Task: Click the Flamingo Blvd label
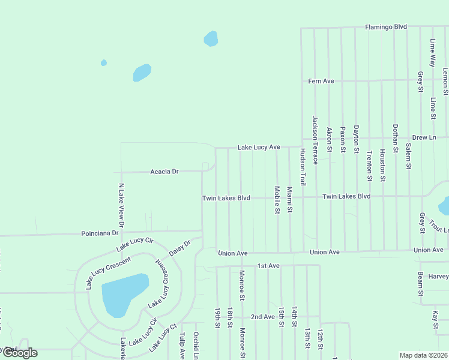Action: click(x=386, y=27)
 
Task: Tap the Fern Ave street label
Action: click(x=321, y=81)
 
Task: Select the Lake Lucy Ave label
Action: click(x=259, y=147)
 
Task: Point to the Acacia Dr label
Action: click(x=164, y=172)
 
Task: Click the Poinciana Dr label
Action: click(x=100, y=233)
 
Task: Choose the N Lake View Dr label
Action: click(x=121, y=206)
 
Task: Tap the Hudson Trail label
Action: click(x=303, y=166)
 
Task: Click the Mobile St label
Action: click(x=277, y=200)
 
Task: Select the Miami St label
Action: click(x=289, y=200)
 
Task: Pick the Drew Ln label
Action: click(x=424, y=137)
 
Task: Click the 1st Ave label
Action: click(x=268, y=265)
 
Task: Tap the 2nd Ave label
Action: click(x=262, y=316)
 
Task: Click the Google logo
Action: click(x=20, y=353)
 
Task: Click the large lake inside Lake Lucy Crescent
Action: click(x=124, y=295)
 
